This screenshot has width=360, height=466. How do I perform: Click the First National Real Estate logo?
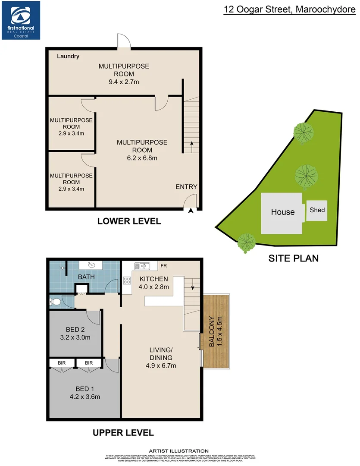[21, 20]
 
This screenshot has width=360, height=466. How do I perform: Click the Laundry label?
[68, 56]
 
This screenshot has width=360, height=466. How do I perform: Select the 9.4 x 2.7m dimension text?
[124, 82]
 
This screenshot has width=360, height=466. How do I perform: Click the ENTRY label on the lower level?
[186, 187]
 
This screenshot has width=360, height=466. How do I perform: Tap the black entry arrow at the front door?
[191, 210]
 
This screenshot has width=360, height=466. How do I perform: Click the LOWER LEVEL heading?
[129, 221]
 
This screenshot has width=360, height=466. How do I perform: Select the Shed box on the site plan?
[317, 210]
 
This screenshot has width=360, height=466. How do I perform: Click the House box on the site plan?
[283, 212]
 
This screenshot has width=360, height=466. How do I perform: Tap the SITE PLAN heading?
[294, 258]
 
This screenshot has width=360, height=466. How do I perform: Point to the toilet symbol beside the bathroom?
[55, 301]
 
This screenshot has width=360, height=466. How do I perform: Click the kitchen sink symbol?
[142, 266]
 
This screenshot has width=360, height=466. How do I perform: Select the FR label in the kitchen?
[163, 265]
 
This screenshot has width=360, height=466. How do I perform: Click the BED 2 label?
[75, 330]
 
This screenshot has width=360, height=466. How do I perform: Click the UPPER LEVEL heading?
[123, 432]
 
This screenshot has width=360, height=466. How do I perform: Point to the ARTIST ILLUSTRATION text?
[178, 451]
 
